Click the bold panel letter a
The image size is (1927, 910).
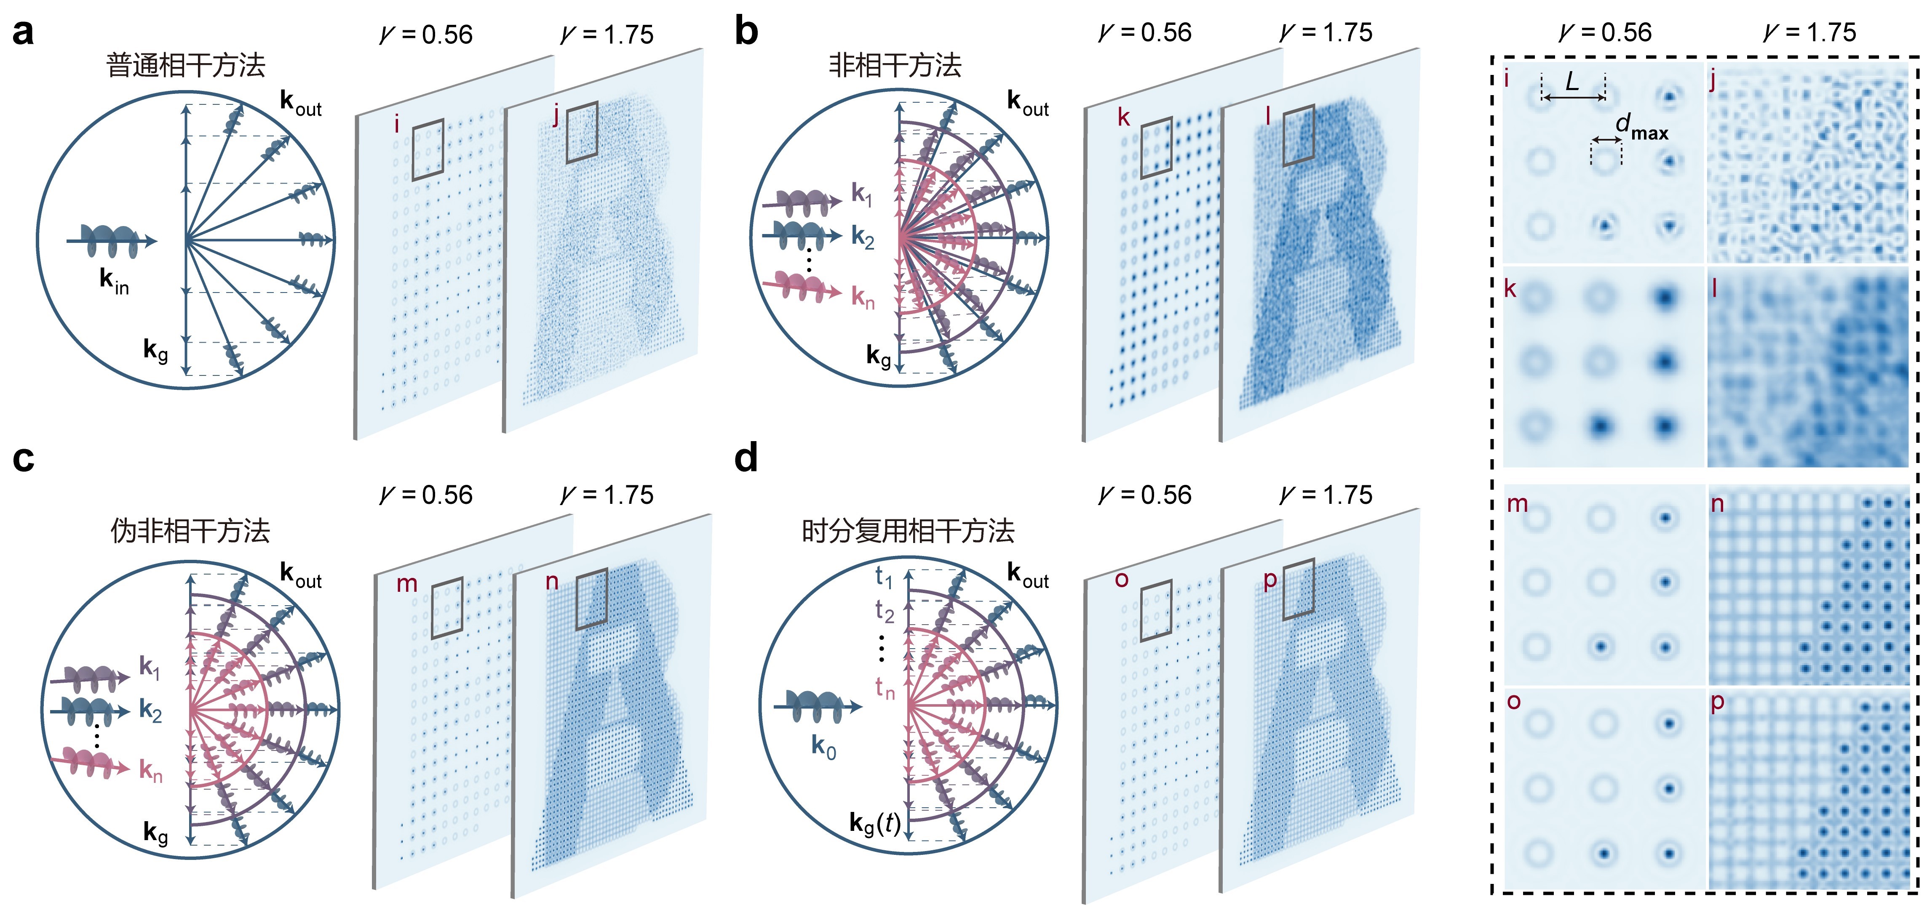pyautogui.click(x=22, y=34)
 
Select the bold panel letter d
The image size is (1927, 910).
pyautogui.click(x=746, y=458)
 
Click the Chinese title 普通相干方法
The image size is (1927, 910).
pyautogui.click(x=185, y=66)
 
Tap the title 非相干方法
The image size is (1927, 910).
pyautogui.click(x=895, y=66)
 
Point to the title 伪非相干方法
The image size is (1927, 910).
pyautogui.click(x=190, y=531)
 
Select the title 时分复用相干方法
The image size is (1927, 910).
pyautogui.click(x=907, y=531)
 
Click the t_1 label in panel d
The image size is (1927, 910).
pyautogui.click(x=883, y=577)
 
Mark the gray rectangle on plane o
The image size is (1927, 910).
pyautogui.click(x=1156, y=611)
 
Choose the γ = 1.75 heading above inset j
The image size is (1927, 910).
pyautogui.click(x=1809, y=33)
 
